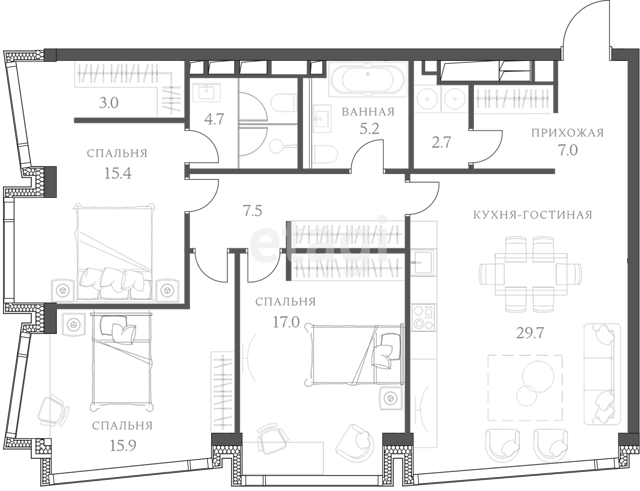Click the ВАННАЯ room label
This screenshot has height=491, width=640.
pyautogui.click(x=368, y=112)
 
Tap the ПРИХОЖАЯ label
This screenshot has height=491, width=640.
pyautogui.click(x=567, y=133)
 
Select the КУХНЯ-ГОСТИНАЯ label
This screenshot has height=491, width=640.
pyautogui.click(x=533, y=215)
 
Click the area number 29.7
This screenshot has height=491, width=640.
pyautogui.click(x=530, y=333)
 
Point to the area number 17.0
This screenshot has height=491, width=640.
pyautogui.click(x=286, y=322)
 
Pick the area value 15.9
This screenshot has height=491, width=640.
pyautogui.click(x=123, y=445)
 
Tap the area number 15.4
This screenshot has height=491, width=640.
pyautogui.click(x=118, y=173)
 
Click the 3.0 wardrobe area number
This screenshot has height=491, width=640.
pyautogui.click(x=109, y=103)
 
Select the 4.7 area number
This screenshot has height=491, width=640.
pyautogui.click(x=214, y=120)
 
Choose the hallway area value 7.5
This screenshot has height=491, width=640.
pyautogui.click(x=252, y=211)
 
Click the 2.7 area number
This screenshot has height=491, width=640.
pyautogui.click(x=441, y=142)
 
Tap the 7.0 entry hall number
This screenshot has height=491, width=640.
pyautogui.click(x=568, y=151)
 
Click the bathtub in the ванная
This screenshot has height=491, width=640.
pyautogui.click(x=368, y=79)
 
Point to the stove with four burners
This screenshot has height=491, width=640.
pyautogui.click(x=423, y=318)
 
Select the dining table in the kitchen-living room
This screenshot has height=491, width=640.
pyautogui.click(x=531, y=274)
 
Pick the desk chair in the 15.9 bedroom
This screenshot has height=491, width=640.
pyautogui.click(x=52, y=411)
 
